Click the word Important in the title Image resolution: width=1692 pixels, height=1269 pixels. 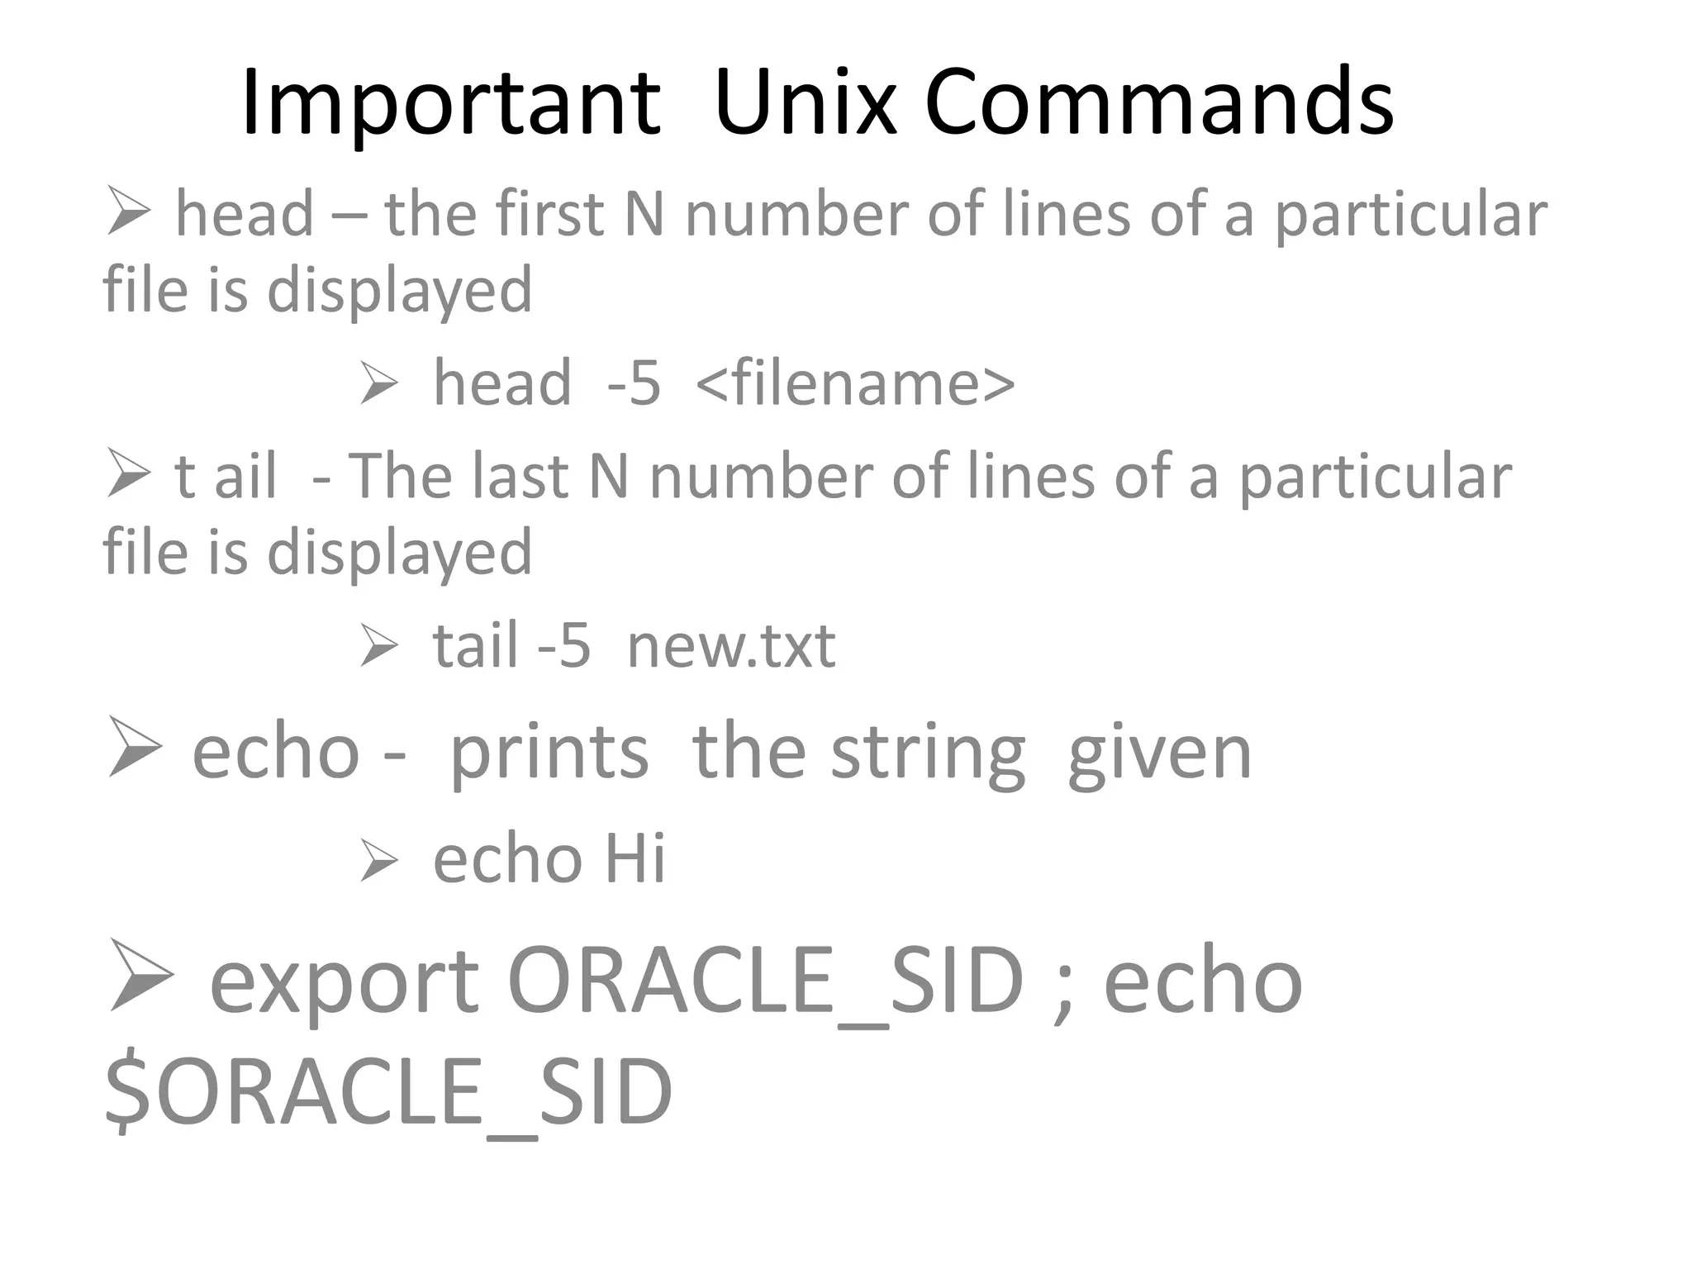[450, 103]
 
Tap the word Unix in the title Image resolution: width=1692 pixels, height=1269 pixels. [806, 103]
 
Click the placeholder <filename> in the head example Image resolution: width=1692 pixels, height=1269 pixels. [855, 383]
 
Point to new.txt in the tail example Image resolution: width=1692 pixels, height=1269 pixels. [731, 646]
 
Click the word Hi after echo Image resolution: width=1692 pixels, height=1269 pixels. [634, 859]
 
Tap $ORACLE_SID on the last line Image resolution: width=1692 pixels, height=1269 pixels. [388, 1092]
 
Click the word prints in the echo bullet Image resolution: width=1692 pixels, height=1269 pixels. [549, 753]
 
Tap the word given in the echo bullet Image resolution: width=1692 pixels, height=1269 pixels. [1159, 753]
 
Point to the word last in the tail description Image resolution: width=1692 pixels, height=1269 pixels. [521, 477]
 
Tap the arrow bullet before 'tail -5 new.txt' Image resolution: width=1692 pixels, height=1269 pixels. [379, 646]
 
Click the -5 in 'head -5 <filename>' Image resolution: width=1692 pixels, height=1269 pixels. [634, 383]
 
